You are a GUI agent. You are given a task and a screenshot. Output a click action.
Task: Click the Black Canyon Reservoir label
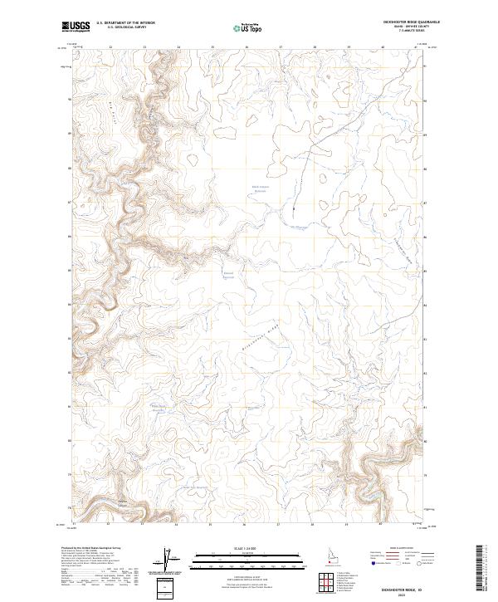point(261,188)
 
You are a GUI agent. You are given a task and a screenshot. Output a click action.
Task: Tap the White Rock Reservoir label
point(158,406)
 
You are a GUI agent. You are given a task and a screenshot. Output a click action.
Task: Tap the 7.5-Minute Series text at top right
point(403,33)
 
